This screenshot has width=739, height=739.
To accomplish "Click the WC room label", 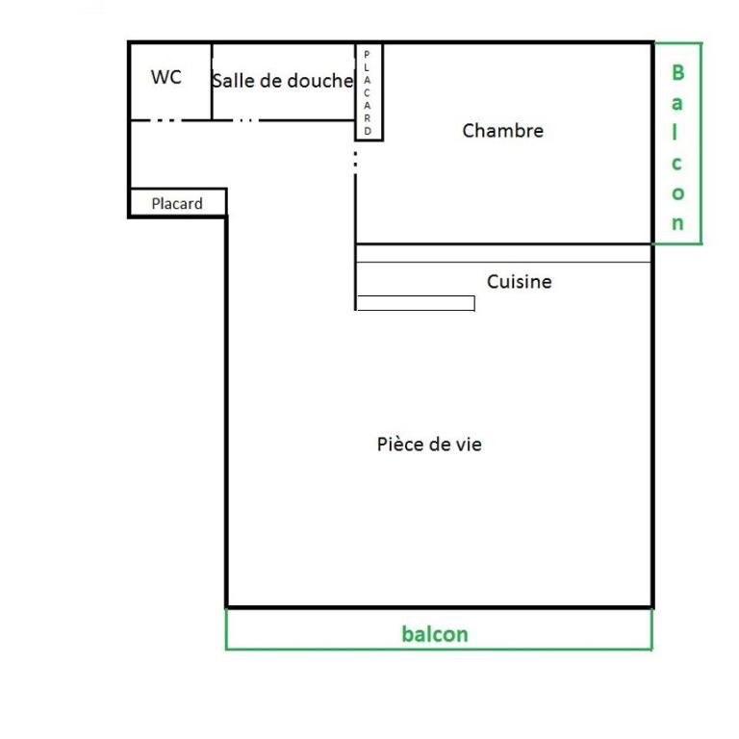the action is point(166,77).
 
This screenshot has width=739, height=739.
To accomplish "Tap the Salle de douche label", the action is point(283,81).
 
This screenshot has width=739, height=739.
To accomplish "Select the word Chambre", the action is point(503,131).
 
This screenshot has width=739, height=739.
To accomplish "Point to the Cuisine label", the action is point(520,281).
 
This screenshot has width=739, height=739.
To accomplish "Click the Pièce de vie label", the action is point(429,445).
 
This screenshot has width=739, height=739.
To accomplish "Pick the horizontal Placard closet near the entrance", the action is point(178,203).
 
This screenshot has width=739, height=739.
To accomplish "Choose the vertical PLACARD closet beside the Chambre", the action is point(369,92).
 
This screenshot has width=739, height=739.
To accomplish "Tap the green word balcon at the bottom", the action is point(435,634).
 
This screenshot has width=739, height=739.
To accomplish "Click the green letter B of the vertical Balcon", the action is point(677,72).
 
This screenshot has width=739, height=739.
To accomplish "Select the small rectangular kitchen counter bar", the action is point(416,303).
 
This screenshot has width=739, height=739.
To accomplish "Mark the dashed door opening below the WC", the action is point(166,120).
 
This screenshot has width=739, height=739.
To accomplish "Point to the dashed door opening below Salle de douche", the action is point(245,120).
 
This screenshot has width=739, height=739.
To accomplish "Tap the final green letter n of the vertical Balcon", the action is point(677,223).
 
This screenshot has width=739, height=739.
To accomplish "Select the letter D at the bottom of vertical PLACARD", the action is point(368,131).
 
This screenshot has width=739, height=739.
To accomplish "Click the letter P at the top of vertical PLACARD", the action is point(368,55).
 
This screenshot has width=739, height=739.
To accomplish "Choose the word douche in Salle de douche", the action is point(320,81).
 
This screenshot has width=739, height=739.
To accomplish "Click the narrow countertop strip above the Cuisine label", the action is point(503,253).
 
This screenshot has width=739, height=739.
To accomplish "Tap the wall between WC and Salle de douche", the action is point(212,82).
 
